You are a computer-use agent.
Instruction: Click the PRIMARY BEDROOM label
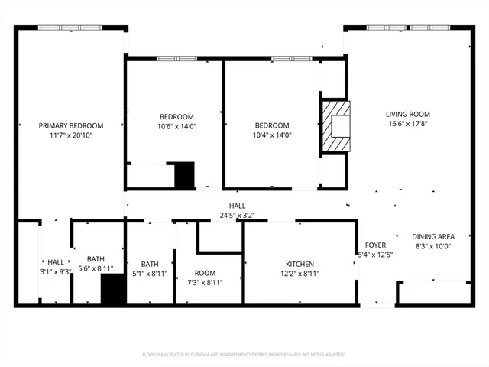[x=71, y=125]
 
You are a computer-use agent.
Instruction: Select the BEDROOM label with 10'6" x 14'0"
[x=176, y=116]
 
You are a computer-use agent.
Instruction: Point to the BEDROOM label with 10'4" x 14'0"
[x=272, y=125]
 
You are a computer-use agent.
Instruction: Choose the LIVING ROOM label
[x=407, y=114]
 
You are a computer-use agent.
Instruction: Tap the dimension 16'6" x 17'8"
[x=407, y=124]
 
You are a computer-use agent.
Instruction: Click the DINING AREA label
[x=433, y=237]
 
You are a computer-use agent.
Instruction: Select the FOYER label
[x=376, y=245]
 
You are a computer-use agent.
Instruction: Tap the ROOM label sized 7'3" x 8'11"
[x=205, y=273]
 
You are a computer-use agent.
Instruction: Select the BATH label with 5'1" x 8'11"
[x=150, y=265]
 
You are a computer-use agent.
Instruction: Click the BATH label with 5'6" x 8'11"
[x=96, y=259]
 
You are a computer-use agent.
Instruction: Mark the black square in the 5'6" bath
[x=113, y=290]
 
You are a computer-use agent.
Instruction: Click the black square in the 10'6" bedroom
[x=184, y=174]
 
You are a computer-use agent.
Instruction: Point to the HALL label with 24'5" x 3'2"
[x=237, y=206]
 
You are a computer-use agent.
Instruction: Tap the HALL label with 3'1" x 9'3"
[x=56, y=262]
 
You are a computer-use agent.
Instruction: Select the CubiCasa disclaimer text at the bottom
[x=244, y=355]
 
